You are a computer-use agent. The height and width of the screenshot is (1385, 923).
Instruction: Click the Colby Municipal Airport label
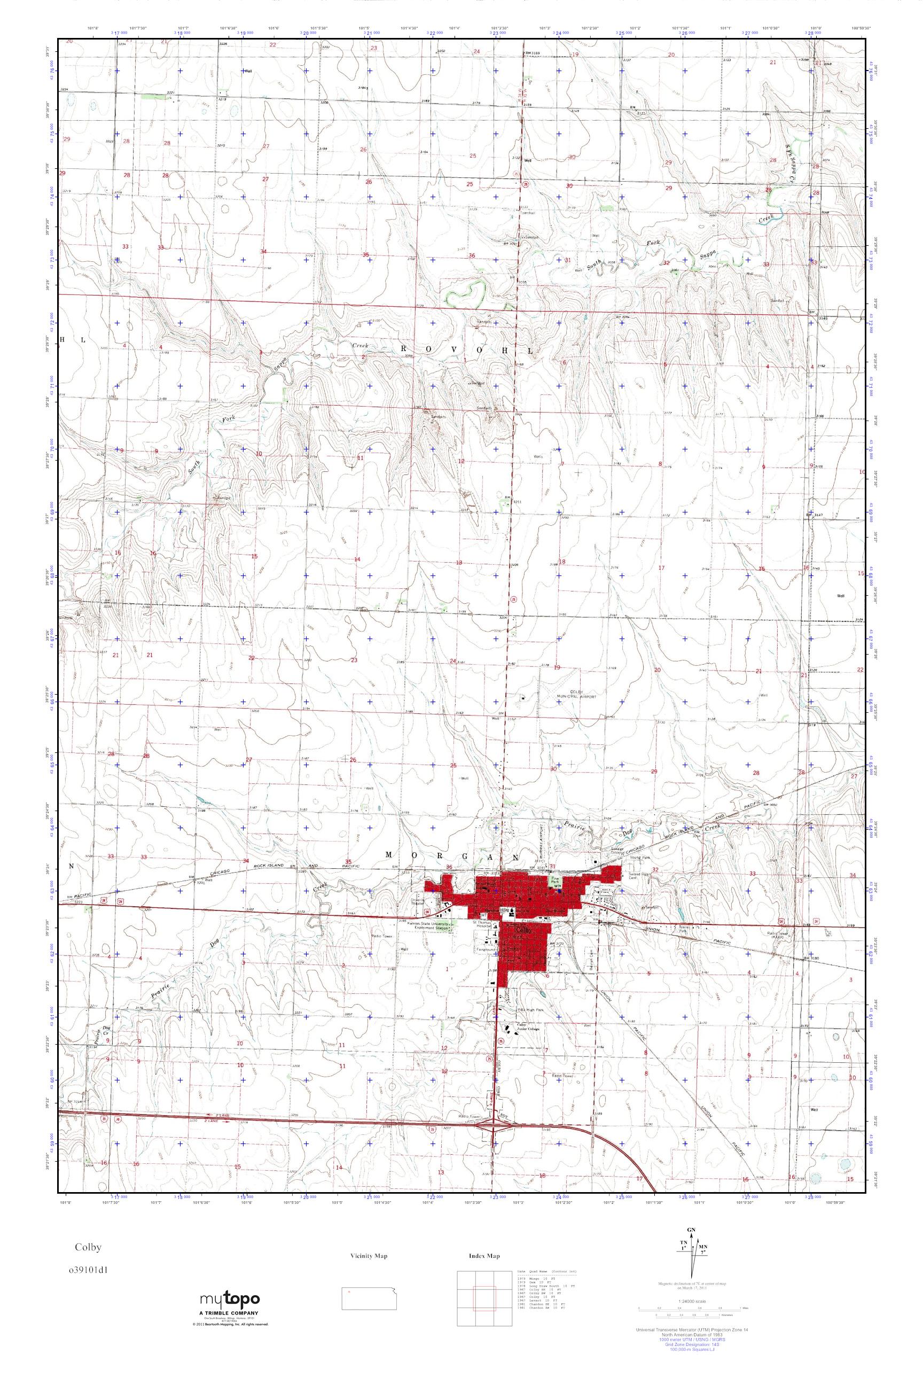pyautogui.click(x=576, y=693)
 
